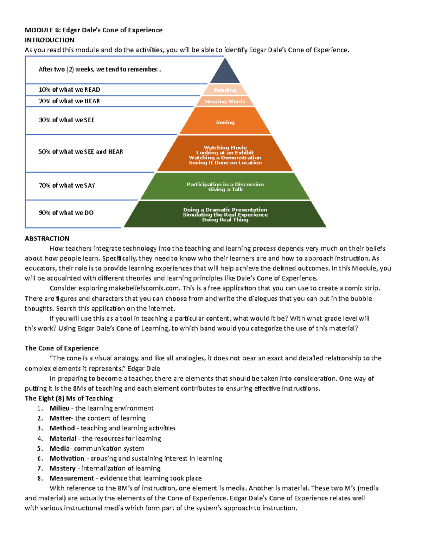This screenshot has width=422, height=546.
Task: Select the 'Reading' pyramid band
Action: tap(225, 90)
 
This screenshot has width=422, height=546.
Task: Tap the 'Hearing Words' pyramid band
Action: tap(225, 102)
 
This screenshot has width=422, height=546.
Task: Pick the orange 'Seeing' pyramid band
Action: tap(225, 122)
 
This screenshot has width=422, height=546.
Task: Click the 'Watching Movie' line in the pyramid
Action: tap(225, 148)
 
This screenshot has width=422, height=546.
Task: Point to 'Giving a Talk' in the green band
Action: tap(225, 190)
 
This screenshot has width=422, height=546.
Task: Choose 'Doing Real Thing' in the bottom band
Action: tap(225, 220)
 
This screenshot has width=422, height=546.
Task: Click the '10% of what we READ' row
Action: tap(69, 90)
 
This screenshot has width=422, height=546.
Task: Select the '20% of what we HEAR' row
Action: tap(69, 101)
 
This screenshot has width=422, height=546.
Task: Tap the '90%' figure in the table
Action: tap(45, 213)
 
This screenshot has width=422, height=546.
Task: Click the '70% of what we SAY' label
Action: tap(67, 185)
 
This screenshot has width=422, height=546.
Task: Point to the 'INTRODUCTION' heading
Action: tap(50, 40)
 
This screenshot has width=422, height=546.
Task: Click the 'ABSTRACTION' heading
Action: tap(47, 238)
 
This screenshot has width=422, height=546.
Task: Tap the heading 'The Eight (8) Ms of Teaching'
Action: tap(69, 398)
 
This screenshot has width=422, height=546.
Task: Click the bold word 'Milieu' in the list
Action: tap(59, 408)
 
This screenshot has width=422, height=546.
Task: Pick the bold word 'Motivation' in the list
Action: tap(67, 458)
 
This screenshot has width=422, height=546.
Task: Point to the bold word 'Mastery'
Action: tap(63, 468)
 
